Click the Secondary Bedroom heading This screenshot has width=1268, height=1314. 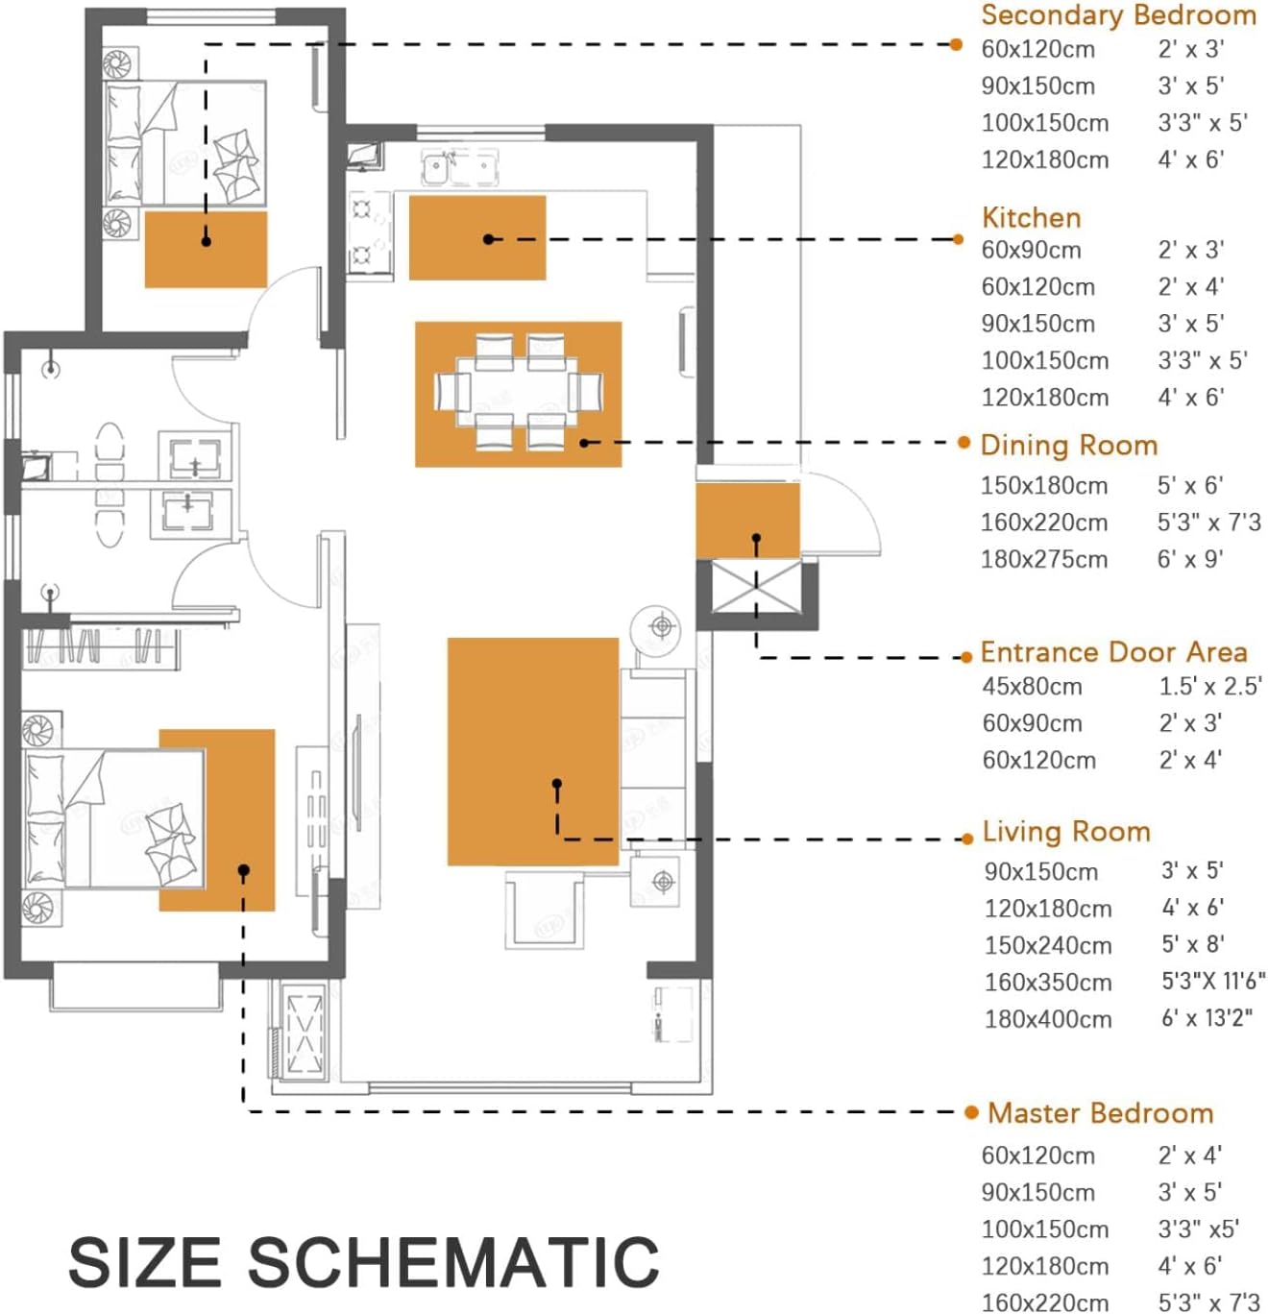click(x=1117, y=14)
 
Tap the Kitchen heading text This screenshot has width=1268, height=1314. click(x=1031, y=218)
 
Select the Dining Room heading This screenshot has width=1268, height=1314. click(x=1069, y=446)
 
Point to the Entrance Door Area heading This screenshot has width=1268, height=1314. click(x=1113, y=652)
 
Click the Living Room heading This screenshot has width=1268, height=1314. click(x=1066, y=832)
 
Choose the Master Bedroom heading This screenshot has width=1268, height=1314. click(x=1101, y=1113)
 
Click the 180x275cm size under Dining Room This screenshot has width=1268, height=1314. click(x=1044, y=560)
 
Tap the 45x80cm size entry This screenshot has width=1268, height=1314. click(x=1032, y=687)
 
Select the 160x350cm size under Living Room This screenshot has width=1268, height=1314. click(x=1048, y=983)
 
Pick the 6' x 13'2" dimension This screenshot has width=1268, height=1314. click(x=1207, y=1018)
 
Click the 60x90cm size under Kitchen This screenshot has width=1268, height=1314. click(x=1031, y=251)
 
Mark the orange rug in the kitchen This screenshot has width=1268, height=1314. click(x=477, y=237)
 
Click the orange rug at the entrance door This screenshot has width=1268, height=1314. click(x=748, y=521)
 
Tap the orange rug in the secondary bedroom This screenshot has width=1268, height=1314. click(x=206, y=249)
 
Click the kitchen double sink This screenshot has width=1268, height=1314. click(x=460, y=168)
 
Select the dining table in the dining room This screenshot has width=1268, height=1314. click(x=517, y=392)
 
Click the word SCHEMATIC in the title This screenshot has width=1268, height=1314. click(x=453, y=1260)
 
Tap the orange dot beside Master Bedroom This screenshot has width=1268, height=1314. click(x=971, y=1112)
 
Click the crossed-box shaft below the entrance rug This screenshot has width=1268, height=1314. click(x=756, y=588)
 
